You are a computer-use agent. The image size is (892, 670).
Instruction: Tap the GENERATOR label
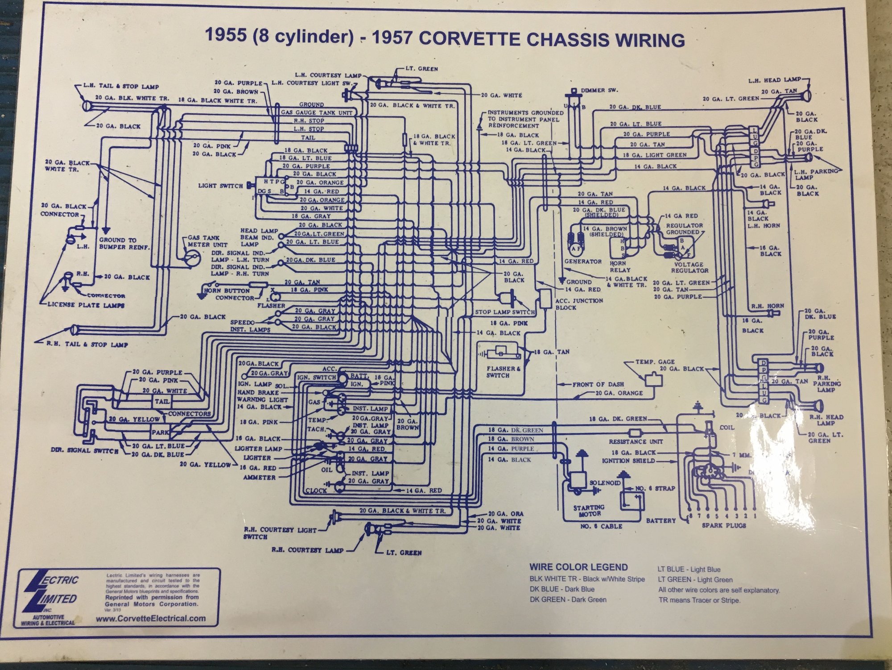coord(583,261)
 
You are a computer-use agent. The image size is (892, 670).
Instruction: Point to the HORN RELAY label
coord(619,266)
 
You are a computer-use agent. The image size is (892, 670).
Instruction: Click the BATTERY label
coord(661,520)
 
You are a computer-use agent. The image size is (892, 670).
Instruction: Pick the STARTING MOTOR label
coord(588,510)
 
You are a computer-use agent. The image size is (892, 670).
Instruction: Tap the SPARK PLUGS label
coord(724,525)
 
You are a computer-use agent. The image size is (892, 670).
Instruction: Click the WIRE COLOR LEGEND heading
coord(578,567)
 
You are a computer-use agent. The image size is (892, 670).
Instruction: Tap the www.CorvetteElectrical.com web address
coord(151,618)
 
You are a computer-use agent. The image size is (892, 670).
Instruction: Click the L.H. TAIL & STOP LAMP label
coord(121,86)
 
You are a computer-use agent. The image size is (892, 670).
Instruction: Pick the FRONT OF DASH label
coord(598,384)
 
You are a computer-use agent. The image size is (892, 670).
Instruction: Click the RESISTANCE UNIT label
coord(636,441)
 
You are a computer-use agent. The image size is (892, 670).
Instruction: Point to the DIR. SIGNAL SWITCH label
coord(84,450)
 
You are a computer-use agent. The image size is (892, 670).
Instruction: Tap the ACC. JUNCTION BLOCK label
coord(579,304)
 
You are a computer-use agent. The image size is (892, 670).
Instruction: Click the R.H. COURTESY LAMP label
coord(308,550)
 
